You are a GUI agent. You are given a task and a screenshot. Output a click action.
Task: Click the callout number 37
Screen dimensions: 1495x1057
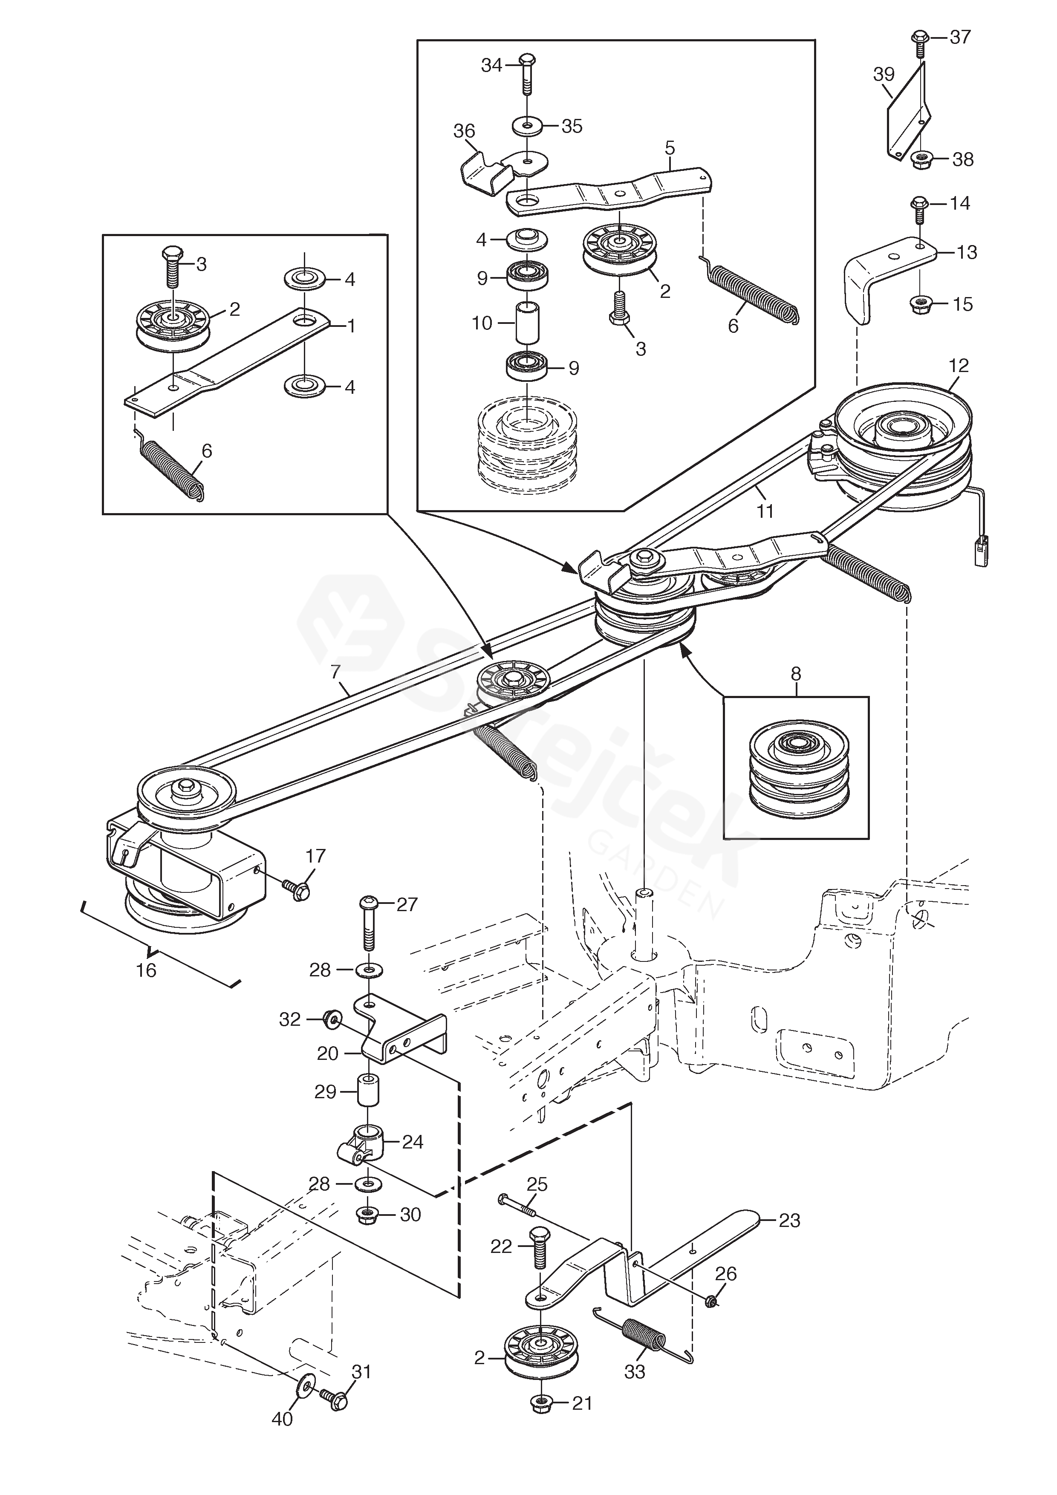pyautogui.click(x=960, y=37)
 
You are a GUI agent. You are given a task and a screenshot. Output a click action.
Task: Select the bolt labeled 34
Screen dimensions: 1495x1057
pyautogui.click(x=527, y=78)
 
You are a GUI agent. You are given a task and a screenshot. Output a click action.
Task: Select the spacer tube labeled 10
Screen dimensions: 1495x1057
pyautogui.click(x=528, y=322)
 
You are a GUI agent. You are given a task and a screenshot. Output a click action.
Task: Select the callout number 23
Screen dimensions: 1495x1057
pyautogui.click(x=789, y=1220)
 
